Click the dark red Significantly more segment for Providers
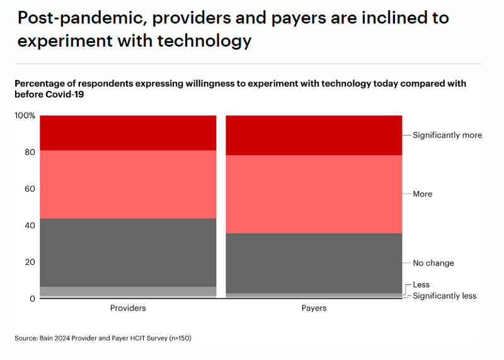tap(128, 132)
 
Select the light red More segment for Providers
tap(128, 184)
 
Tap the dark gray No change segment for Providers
tap(128, 252)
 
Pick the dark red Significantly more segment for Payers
tap(314, 135)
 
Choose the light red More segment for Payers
tap(314, 194)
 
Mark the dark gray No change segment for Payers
tap(314, 263)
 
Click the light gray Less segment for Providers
tap(128, 291)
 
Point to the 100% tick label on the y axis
tap(25, 116)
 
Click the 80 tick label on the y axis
tap(30, 152)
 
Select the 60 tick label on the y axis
tap(30, 189)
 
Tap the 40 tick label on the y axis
tap(30, 225)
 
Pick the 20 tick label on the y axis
tap(30, 262)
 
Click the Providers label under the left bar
tap(128, 308)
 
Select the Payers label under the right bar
tap(314, 308)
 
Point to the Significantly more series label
tap(447, 135)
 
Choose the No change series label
tap(433, 263)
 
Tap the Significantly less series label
tap(444, 296)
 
